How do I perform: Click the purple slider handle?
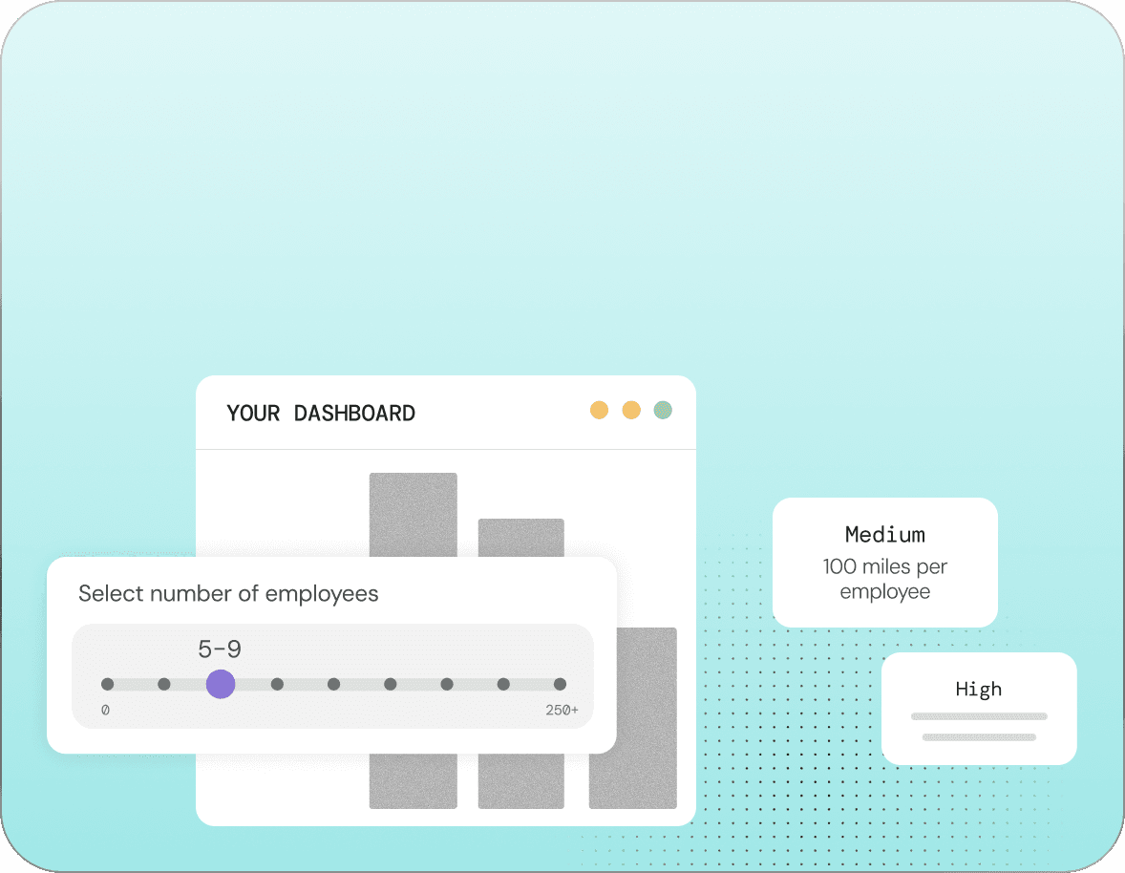point(221,684)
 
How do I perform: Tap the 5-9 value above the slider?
point(220,649)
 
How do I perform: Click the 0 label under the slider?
point(105,710)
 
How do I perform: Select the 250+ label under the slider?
point(562,710)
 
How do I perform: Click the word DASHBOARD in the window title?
point(354,414)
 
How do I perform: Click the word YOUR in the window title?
point(253,414)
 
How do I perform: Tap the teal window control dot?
point(663,410)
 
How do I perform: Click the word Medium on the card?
point(885,534)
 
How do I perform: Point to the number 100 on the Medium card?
point(839,566)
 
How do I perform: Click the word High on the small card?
point(979,689)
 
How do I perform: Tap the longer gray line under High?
point(979,716)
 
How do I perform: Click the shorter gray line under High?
point(979,737)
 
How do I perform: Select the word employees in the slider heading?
point(322,594)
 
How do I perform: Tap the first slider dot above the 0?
point(108,684)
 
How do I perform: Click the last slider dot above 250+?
point(560,684)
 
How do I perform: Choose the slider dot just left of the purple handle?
point(164,684)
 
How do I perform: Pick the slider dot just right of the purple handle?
point(277,684)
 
